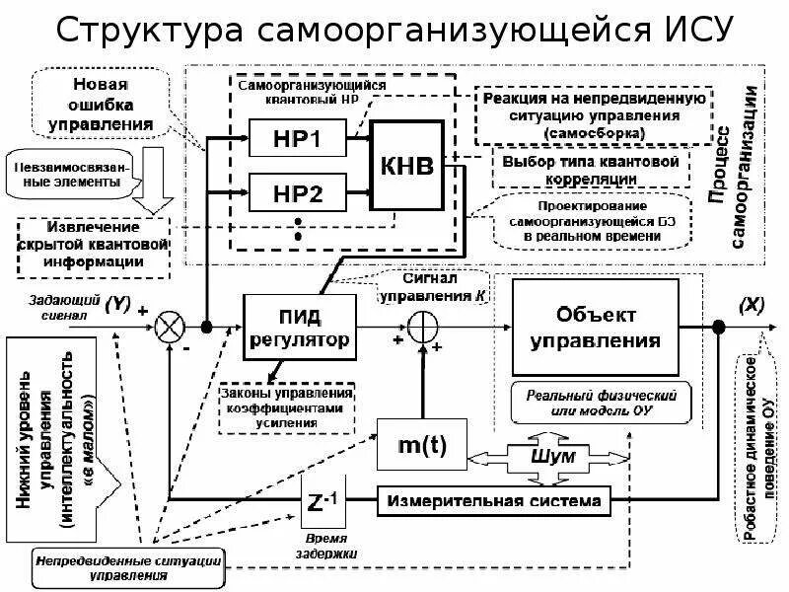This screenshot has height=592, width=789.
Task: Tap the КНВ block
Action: point(406,165)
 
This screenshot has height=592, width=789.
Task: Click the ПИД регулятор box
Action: point(297,328)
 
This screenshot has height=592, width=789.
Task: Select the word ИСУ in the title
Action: point(680,31)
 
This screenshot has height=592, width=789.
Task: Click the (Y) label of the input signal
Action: point(116,299)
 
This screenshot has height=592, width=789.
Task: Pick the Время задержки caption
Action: point(324,547)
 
